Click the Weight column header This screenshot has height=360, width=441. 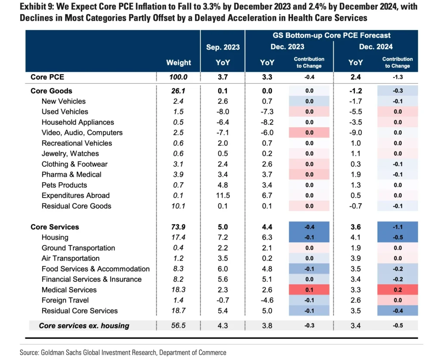click(x=178, y=62)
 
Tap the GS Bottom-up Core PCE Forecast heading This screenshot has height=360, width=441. click(x=331, y=36)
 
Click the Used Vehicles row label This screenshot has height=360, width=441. click(x=65, y=112)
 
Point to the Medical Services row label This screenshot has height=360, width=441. click(x=69, y=290)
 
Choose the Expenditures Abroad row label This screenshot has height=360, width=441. click(x=75, y=196)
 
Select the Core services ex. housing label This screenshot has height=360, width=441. click(x=84, y=326)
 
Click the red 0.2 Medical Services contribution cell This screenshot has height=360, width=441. click(x=397, y=290)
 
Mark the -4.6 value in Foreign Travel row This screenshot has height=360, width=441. click(x=267, y=300)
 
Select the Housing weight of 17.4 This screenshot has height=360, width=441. click(x=178, y=237)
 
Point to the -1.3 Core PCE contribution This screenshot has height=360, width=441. click(x=397, y=78)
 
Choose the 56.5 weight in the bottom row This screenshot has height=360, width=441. click(x=178, y=326)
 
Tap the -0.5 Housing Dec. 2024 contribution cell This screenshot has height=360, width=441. click(x=397, y=237)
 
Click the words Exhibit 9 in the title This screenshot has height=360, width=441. click(x=35, y=7)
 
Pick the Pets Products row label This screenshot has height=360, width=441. click(x=64, y=185)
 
